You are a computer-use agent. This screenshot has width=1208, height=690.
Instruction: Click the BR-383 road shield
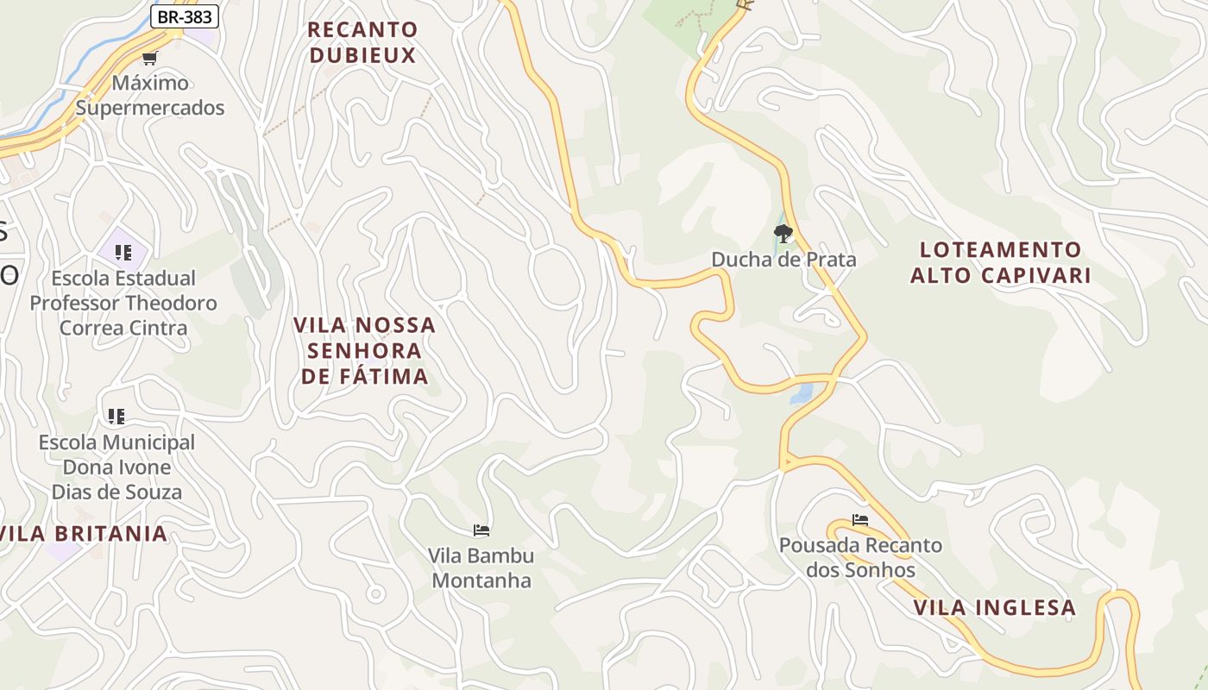tap(185, 16)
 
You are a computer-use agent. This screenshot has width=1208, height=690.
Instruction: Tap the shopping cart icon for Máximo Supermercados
tap(150, 59)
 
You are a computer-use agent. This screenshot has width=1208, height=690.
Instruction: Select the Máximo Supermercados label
tap(150, 96)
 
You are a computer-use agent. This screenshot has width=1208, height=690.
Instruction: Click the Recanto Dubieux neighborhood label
tap(362, 42)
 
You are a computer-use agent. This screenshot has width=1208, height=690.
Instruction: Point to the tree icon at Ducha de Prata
tap(783, 233)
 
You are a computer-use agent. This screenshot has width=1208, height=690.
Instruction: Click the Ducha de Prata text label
tap(783, 260)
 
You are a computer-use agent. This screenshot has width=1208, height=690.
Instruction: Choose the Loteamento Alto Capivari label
tap(1000, 262)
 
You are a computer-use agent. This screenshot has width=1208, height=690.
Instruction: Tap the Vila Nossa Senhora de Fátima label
tap(364, 350)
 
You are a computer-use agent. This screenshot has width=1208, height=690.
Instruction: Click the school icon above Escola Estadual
tap(123, 253)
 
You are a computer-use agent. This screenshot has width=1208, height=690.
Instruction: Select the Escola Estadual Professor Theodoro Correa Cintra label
tap(123, 303)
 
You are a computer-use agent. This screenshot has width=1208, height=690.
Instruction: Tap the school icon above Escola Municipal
tap(116, 417)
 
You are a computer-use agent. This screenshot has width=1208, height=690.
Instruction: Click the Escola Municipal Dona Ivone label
tap(116, 467)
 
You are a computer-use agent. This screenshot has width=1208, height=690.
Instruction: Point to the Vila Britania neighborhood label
tap(84, 533)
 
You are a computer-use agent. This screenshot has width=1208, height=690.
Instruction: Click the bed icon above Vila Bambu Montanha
tap(481, 530)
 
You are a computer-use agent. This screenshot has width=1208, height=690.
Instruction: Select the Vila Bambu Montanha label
tap(481, 568)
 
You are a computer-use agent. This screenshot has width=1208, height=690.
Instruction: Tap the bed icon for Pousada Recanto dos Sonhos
tap(860, 520)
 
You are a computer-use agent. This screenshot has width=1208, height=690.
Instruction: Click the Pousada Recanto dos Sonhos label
tap(860, 557)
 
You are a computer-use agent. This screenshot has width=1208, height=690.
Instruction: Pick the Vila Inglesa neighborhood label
tap(994, 607)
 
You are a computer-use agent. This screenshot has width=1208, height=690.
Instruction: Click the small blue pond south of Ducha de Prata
tap(802, 394)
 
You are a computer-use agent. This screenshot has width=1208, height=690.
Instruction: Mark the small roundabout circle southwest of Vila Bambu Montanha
tap(375, 593)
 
